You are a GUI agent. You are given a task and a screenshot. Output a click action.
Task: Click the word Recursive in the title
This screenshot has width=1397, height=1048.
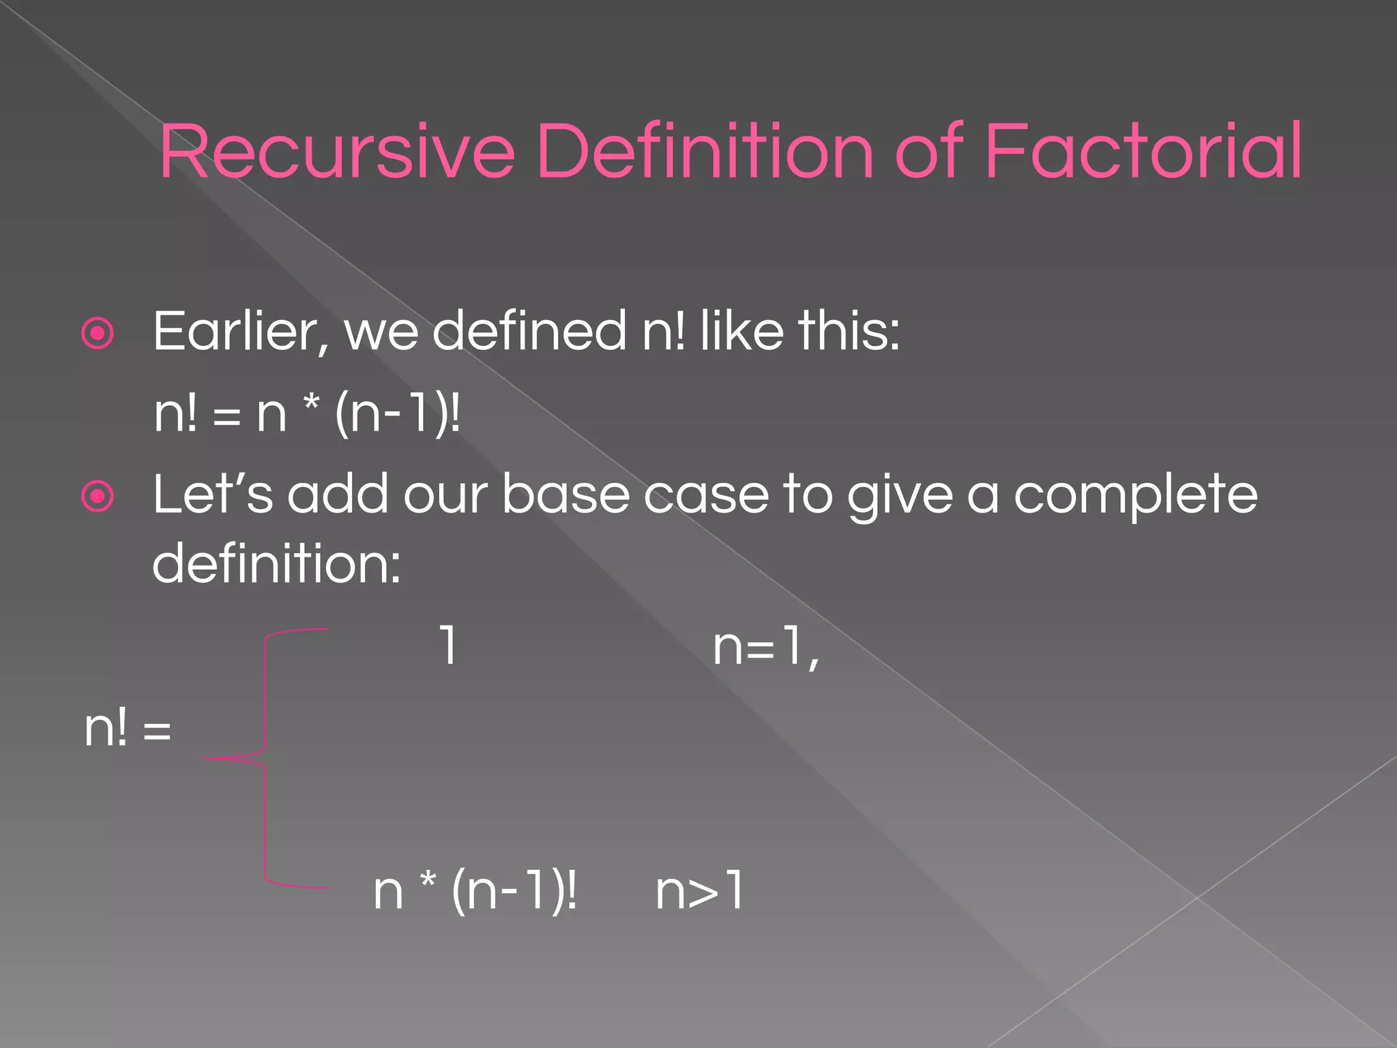tap(336, 151)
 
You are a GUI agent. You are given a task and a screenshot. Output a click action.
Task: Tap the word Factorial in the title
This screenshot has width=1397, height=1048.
tap(1143, 151)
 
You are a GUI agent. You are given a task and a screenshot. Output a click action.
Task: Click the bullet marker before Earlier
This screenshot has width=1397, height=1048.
tap(98, 334)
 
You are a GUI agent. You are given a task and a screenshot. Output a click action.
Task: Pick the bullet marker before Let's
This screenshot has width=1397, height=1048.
tap(98, 497)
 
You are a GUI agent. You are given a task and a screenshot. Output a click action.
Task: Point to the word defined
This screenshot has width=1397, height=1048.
tap(529, 331)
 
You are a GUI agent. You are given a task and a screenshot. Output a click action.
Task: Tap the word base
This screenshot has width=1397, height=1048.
tap(565, 494)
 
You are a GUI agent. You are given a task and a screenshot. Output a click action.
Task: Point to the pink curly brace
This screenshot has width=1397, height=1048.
tap(265, 757)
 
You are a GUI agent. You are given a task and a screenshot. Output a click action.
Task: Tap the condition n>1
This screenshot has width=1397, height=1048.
tap(699, 891)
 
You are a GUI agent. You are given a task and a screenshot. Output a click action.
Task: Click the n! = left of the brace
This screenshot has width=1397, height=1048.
tap(128, 729)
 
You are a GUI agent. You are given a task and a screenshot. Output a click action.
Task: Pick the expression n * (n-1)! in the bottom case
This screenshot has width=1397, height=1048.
tap(475, 891)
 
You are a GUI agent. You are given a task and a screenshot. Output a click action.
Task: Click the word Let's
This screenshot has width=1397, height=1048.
tap(212, 494)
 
